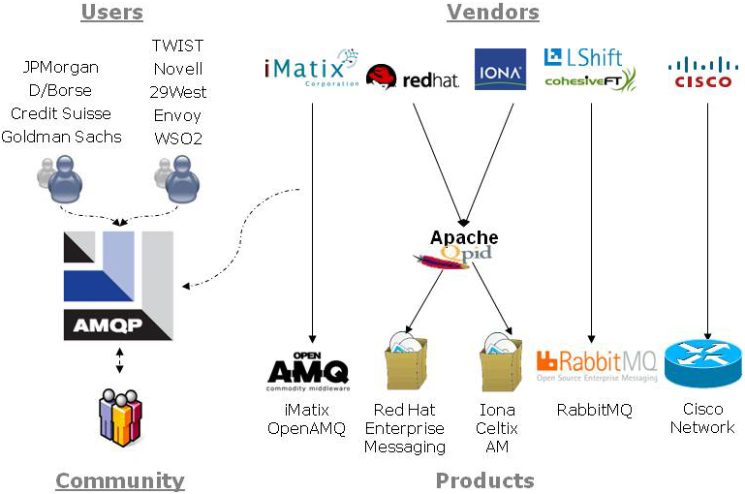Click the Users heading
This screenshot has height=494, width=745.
(111, 13)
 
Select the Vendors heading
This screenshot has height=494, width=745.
(492, 13)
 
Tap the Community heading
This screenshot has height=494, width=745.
(119, 480)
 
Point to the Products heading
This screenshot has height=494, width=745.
(484, 480)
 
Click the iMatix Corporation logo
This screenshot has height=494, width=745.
(311, 69)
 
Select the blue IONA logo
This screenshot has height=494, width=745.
(500, 70)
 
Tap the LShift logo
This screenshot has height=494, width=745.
(583, 57)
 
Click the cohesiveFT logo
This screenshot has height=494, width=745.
(590, 79)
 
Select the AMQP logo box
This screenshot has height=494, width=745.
(118, 286)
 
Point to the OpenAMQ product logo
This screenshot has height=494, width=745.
(307, 371)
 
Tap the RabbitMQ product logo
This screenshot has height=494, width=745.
(596, 365)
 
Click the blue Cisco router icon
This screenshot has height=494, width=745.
(702, 363)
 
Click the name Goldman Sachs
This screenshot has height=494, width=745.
(61, 137)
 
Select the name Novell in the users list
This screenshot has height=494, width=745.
(178, 69)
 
